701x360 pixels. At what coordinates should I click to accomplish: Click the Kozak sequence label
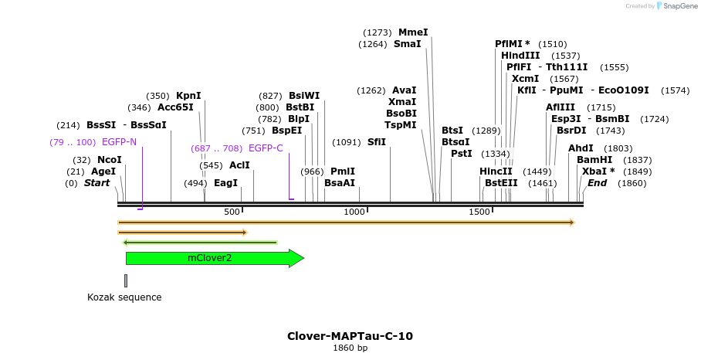124,297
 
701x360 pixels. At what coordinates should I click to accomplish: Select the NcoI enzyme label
109,160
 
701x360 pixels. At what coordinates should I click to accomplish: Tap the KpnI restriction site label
188,96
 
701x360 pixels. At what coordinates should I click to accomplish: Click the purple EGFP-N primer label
119,142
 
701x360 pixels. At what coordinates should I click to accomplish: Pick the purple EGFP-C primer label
266,148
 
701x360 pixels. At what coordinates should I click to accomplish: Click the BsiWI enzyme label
304,96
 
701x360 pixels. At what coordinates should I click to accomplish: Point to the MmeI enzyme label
413,32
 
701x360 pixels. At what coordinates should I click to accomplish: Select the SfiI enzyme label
377,142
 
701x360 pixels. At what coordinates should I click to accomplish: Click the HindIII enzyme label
520,56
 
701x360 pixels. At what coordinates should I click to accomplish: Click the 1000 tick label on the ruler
354,212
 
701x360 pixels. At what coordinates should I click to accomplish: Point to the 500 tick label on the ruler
232,212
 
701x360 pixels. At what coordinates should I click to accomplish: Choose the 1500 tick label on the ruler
479,212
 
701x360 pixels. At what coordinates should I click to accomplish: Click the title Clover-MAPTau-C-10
350,336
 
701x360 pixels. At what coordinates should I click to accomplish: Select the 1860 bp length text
350,348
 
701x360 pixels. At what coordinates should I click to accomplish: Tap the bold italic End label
598,183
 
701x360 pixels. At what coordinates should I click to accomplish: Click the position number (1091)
347,142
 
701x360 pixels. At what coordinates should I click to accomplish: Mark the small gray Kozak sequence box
126,280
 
